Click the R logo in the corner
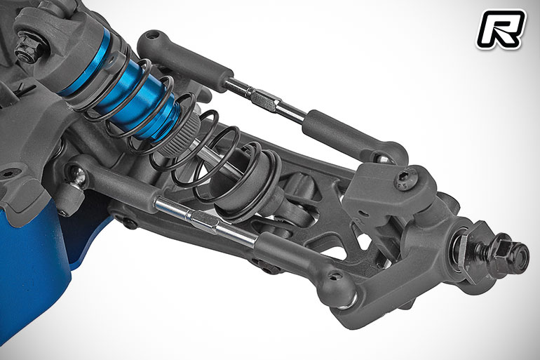(501, 29)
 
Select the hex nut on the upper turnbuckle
(264, 100)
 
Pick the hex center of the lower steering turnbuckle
(204, 221)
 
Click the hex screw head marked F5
(403, 179)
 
